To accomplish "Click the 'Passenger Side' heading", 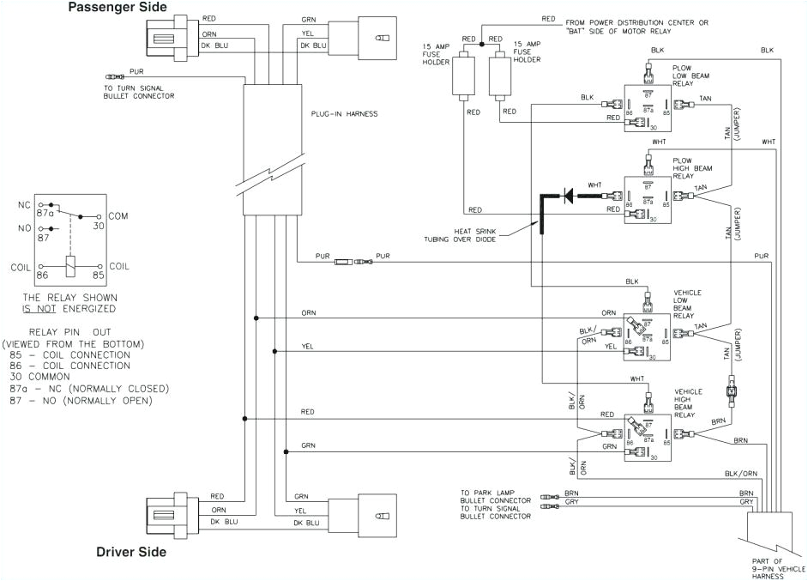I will pyautogui.click(x=118, y=8).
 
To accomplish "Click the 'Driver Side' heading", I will pyautogui.click(x=130, y=552).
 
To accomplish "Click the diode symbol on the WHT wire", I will pyautogui.click(x=567, y=197).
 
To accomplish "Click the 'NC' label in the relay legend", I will pyautogui.click(x=23, y=206).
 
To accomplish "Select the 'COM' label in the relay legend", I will pyautogui.click(x=118, y=216).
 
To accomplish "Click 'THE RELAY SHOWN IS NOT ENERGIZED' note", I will pyautogui.click(x=70, y=302).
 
